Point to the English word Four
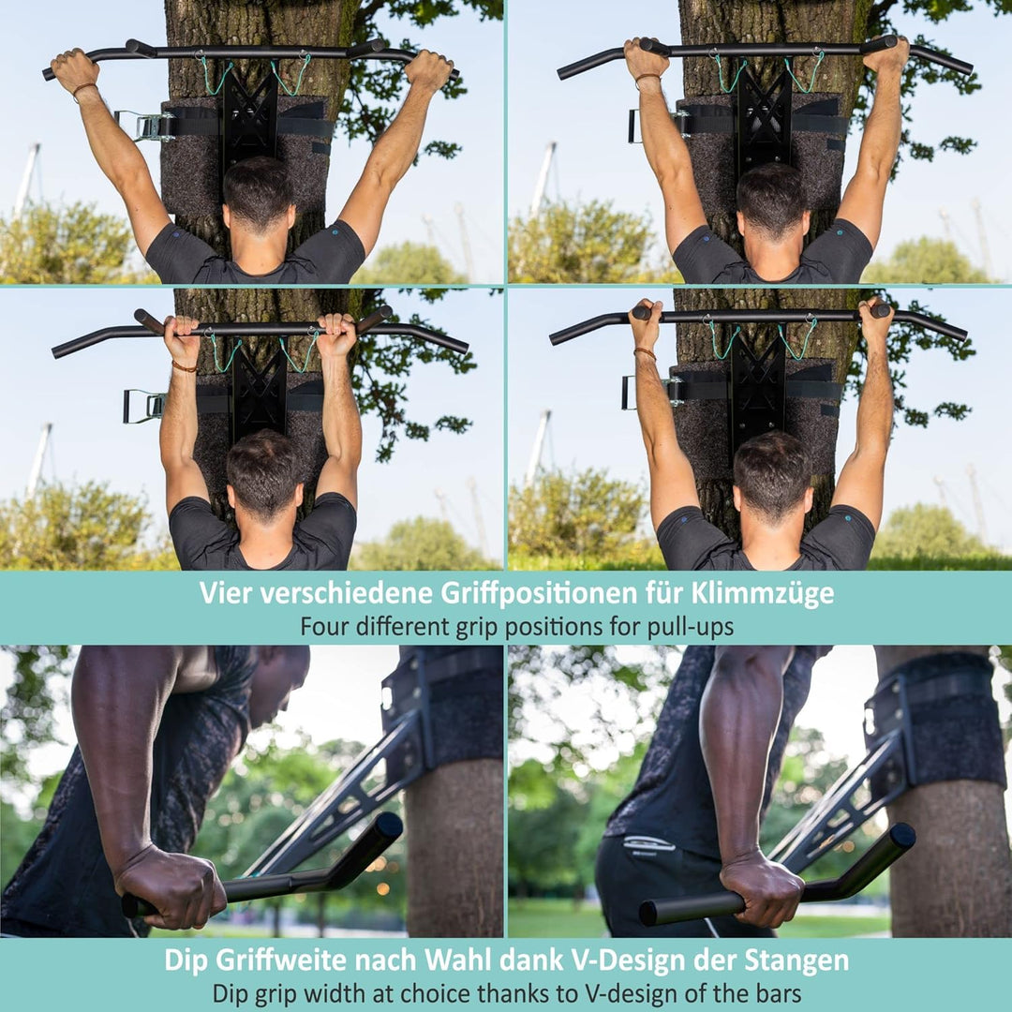[x=324, y=626]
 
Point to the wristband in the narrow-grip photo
[x=184, y=366]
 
